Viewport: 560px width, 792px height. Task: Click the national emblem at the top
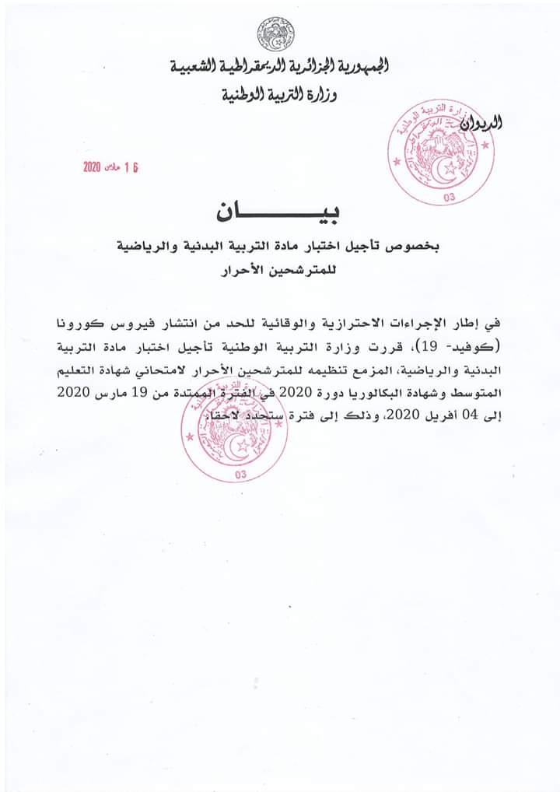(x=277, y=34)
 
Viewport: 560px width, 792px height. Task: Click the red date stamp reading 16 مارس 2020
(x=115, y=168)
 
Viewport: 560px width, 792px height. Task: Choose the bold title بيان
(x=279, y=211)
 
